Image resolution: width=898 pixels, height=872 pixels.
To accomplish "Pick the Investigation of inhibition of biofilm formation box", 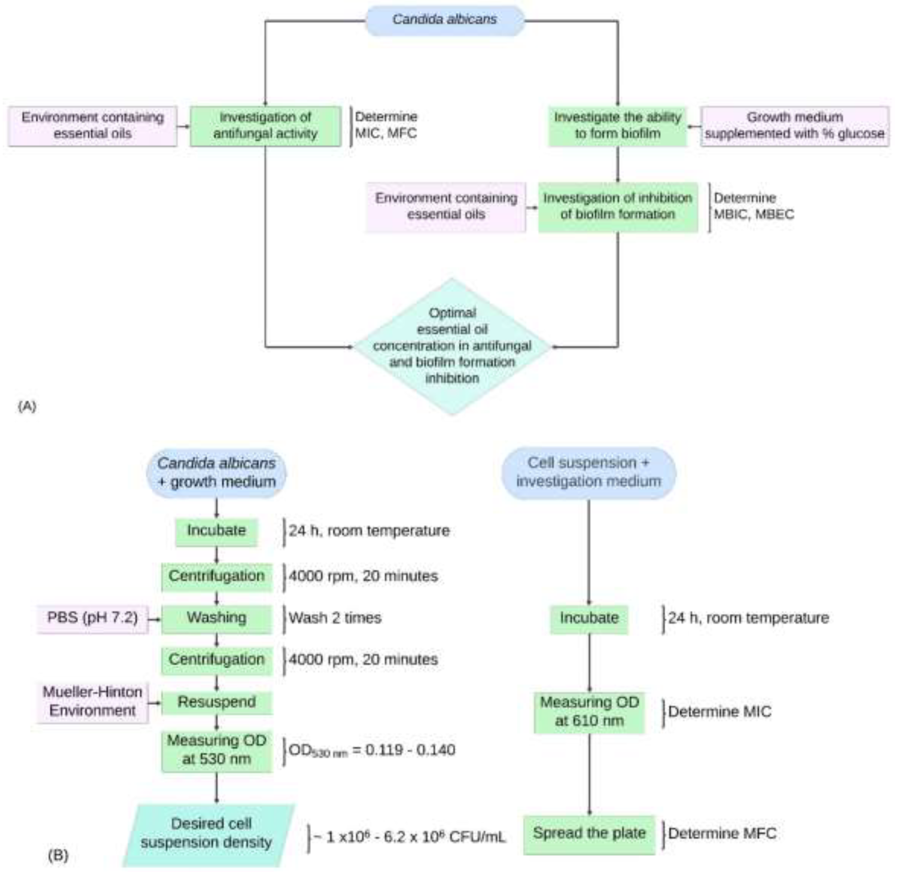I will pyautogui.click(x=618, y=206).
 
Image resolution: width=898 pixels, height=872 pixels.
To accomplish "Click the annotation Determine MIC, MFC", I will pyautogui.click(x=386, y=125).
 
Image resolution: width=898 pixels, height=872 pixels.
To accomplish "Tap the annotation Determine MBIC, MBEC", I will pyautogui.click(x=753, y=206).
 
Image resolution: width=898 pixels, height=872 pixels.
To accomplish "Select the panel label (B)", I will pyautogui.click(x=58, y=854).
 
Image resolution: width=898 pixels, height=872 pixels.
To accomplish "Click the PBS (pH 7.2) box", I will pyautogui.click(x=92, y=618).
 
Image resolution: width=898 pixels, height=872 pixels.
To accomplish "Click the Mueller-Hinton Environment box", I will pyautogui.click(x=92, y=701).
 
